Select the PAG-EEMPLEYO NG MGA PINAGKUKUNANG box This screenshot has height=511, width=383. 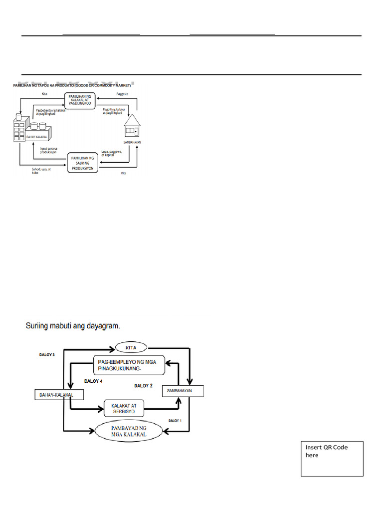129,365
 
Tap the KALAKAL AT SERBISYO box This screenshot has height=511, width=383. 123,408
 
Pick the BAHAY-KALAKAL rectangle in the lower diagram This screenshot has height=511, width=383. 58,395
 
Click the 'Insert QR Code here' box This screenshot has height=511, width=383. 332,458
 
